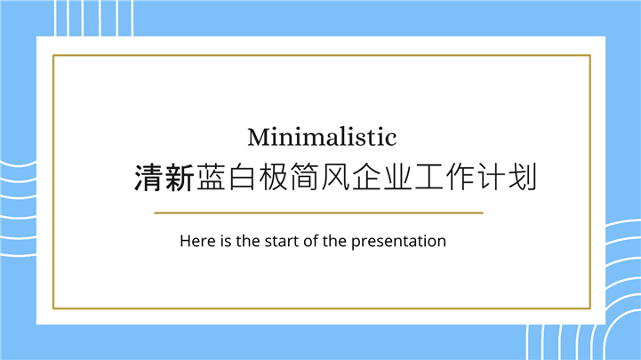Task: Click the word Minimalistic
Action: click(321, 138)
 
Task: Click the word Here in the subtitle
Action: click(196, 241)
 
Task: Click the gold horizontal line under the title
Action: click(318, 213)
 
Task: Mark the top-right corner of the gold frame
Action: click(590, 55)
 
